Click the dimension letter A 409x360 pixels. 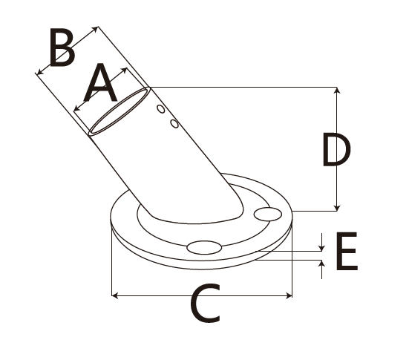click(x=100, y=83)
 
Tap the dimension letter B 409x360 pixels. click(x=62, y=47)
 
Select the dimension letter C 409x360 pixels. click(x=205, y=304)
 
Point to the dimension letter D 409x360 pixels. click(x=336, y=149)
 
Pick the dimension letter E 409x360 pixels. click(x=347, y=251)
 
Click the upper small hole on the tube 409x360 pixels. click(x=161, y=109)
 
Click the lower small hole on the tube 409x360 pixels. click(x=174, y=123)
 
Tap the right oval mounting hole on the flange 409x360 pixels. click(x=268, y=215)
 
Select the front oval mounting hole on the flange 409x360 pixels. click(x=204, y=247)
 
